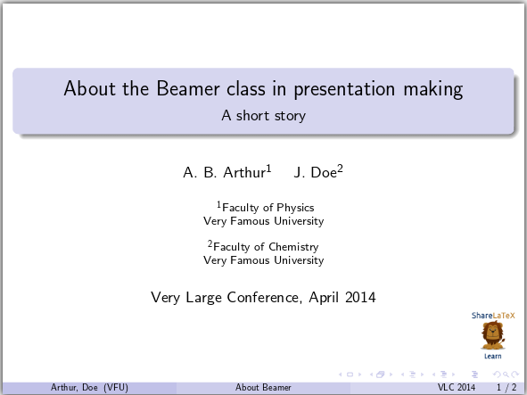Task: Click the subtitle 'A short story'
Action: coord(263,115)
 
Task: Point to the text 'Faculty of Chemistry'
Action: coord(266,247)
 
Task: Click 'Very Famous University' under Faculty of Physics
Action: coord(263,221)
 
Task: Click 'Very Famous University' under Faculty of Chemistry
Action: coord(263,260)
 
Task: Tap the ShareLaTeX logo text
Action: coord(493,315)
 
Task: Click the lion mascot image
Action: coord(492,336)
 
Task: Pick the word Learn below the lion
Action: coord(492,356)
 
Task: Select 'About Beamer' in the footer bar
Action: coord(263,388)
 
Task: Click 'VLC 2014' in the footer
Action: coord(457,388)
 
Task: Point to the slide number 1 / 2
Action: coord(505,388)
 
